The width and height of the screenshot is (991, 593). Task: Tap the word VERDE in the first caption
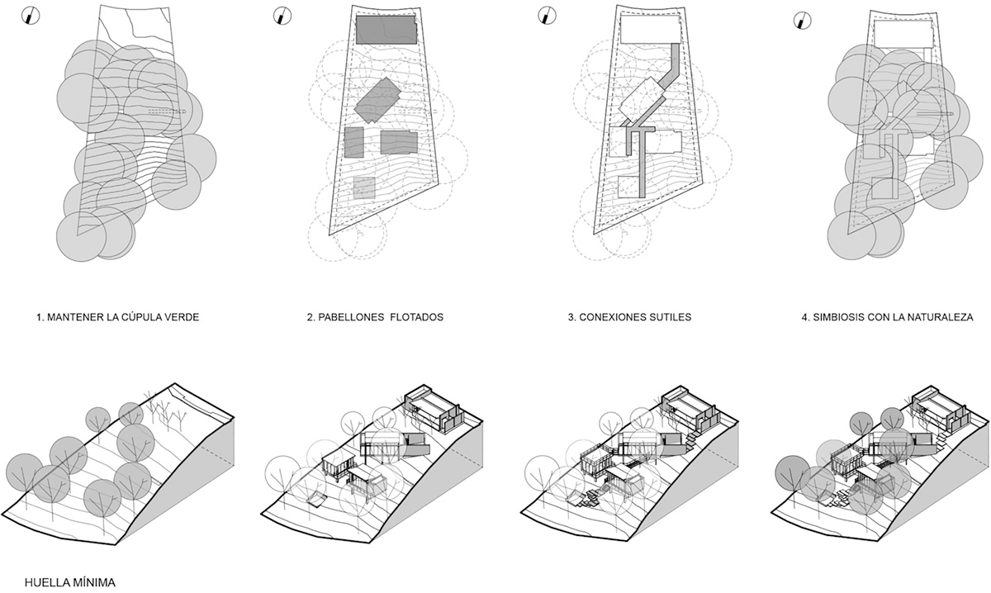click(183, 317)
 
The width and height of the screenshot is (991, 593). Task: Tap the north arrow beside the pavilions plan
click(283, 16)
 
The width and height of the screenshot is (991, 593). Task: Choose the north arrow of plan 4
click(800, 21)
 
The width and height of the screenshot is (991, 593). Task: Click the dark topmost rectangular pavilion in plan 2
click(386, 30)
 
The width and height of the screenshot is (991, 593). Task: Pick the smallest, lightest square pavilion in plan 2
click(364, 188)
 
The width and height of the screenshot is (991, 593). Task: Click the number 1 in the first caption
click(40, 317)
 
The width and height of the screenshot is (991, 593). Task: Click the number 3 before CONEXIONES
click(571, 317)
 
